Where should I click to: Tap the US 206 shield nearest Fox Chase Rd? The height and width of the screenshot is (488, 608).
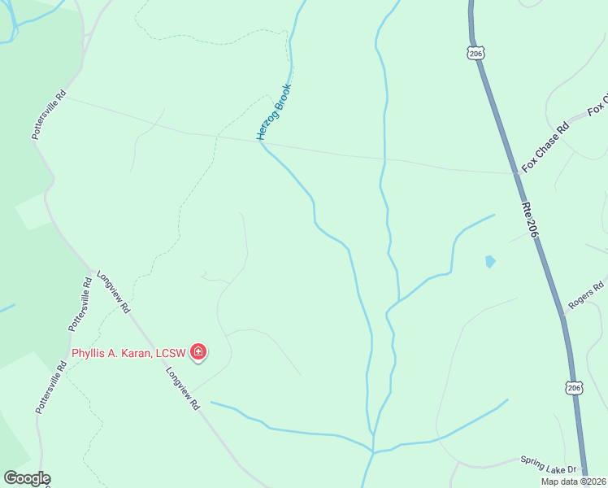[x=476, y=53]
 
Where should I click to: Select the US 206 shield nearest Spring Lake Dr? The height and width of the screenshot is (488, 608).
[x=574, y=389]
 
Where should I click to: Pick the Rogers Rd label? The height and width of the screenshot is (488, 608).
[x=586, y=295]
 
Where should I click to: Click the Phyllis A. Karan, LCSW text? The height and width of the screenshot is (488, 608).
[x=128, y=352]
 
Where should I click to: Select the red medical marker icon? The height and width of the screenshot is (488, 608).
[x=198, y=352]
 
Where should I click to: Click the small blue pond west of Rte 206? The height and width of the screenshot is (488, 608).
[x=489, y=261]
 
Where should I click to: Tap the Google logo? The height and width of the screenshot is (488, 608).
[x=26, y=478]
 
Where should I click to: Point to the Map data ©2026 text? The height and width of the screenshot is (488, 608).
[x=573, y=481]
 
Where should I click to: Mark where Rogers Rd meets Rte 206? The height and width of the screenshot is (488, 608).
[x=562, y=313]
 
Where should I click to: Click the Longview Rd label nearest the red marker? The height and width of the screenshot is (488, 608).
[x=183, y=389]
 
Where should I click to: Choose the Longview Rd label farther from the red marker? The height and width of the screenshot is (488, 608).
[x=114, y=291]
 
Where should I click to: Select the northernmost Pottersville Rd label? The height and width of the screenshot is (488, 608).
[x=48, y=115]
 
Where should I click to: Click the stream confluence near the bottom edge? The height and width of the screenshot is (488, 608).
[x=373, y=451]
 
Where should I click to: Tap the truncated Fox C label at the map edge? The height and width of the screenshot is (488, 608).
[x=597, y=108]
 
